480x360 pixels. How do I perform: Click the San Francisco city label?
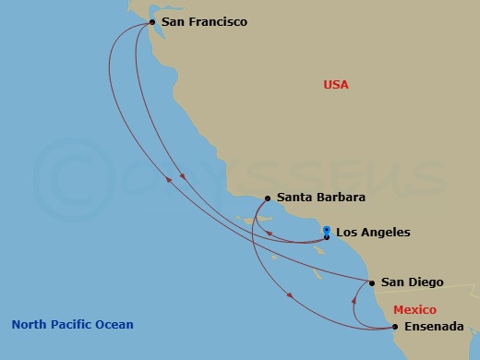pyautogui.click(x=204, y=20)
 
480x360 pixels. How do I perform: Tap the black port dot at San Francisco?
pyautogui.click(x=152, y=20)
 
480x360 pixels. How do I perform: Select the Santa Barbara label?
pyautogui.click(x=321, y=198)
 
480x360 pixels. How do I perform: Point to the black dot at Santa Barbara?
pyautogui.click(x=268, y=198)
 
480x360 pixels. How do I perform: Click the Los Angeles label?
pyautogui.click(x=373, y=233)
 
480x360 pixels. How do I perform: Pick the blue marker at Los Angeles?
pyautogui.click(x=326, y=229)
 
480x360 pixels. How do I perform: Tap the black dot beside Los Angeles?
pyautogui.click(x=326, y=237)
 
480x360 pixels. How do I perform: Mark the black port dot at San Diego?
pyautogui.click(x=372, y=282)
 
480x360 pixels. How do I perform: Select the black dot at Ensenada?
pyautogui.click(x=395, y=327)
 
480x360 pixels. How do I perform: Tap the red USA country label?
pyautogui.click(x=335, y=85)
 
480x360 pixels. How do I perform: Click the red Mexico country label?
pyautogui.click(x=414, y=310)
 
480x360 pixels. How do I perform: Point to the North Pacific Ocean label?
pyautogui.click(x=73, y=325)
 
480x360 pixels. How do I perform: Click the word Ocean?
pyautogui.click(x=116, y=325)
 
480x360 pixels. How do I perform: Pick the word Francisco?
pyautogui.click(x=218, y=20)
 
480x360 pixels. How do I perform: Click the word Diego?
pyautogui.click(x=426, y=282)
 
